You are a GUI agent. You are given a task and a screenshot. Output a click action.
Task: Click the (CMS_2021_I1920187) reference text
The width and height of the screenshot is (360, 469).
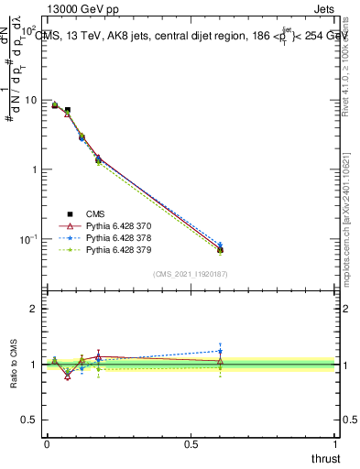[191, 274]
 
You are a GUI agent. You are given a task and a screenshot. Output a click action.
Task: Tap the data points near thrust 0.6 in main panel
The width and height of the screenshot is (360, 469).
[220, 248]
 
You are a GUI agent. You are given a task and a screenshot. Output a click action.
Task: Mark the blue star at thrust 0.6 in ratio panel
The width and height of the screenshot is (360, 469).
[220, 351]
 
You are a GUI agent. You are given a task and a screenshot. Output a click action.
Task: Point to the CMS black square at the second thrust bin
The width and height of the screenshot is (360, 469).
[68, 110]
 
